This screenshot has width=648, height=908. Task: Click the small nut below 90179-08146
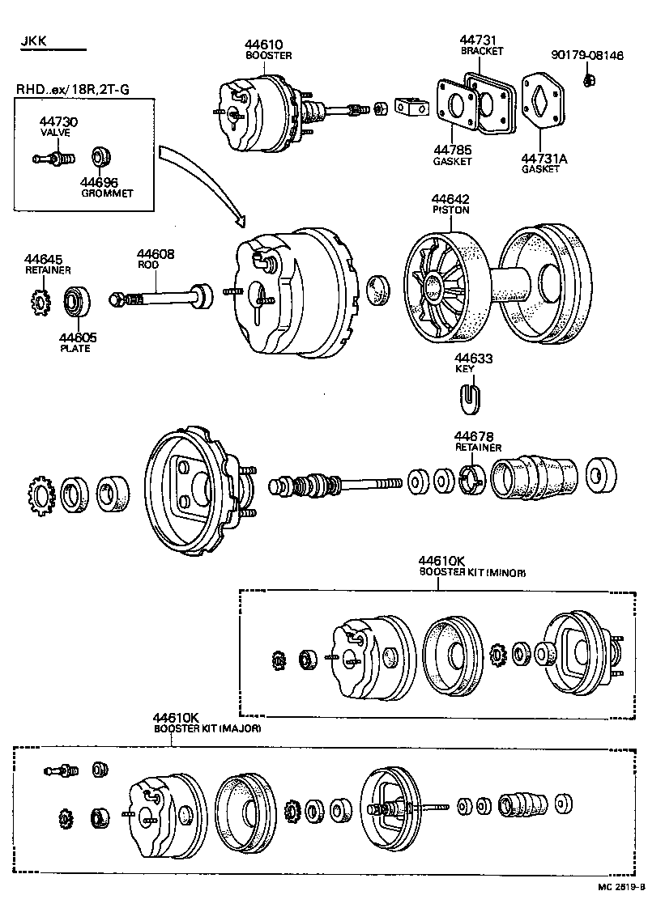590,79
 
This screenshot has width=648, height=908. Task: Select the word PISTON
450,210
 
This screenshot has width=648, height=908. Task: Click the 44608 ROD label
153,258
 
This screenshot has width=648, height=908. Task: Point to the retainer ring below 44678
471,479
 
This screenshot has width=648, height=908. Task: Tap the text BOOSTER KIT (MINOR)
472,572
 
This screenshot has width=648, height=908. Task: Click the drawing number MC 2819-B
620,887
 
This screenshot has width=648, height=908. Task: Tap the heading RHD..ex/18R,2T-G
72,90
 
